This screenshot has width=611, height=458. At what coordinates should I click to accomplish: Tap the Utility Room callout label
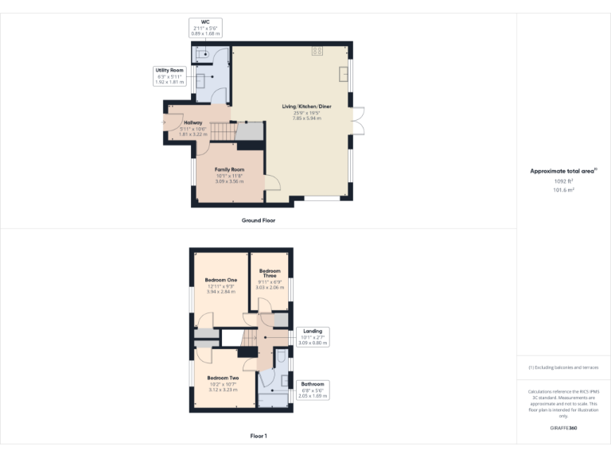(169, 76)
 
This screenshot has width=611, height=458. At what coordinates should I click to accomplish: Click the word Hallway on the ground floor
(193, 122)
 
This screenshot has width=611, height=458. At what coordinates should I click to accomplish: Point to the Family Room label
(229, 170)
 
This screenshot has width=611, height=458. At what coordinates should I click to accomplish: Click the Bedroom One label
(221, 280)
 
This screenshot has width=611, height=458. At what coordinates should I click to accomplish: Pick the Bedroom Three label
(269, 274)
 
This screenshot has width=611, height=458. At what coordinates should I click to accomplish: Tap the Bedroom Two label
(223, 378)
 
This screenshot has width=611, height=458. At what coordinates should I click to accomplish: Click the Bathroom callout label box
(313, 390)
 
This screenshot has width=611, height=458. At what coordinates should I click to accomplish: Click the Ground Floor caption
(259, 220)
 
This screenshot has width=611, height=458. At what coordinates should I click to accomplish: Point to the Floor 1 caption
(259, 436)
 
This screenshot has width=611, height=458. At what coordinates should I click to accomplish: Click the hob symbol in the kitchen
(318, 51)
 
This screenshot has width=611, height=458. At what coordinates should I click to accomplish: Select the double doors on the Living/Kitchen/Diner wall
(358, 120)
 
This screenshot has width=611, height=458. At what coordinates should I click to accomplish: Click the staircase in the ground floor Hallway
(225, 131)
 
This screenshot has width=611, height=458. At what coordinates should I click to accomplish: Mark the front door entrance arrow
(169, 122)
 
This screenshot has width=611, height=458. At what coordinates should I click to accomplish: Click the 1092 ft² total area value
(564, 181)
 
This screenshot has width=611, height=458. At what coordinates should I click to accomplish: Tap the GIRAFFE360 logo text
(564, 429)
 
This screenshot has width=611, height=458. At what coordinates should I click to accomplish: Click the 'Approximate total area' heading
(562, 171)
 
